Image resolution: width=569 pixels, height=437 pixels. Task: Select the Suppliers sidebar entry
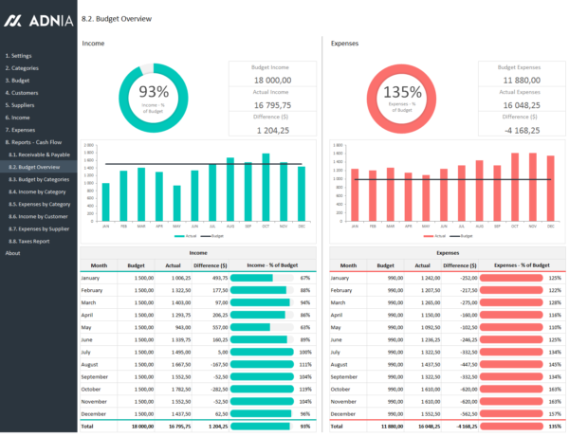pos(23,105)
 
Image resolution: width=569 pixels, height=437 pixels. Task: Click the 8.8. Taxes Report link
pos(32,241)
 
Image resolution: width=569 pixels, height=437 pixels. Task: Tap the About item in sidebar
pos(12,253)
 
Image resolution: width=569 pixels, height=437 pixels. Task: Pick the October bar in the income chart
pos(266,186)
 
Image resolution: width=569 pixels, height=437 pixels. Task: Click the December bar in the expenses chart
pos(550,186)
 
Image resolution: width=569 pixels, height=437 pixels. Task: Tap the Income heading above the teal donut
pos(93,44)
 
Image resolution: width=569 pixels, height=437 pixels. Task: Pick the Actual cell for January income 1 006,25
pos(177,278)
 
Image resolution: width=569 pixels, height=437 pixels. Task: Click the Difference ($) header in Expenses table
pos(460,266)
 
